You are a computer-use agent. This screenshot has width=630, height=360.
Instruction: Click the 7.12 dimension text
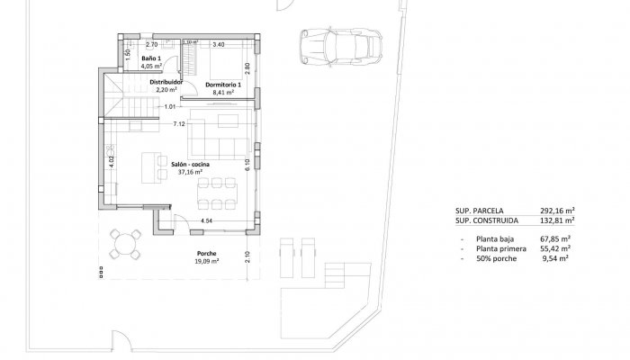[178, 123]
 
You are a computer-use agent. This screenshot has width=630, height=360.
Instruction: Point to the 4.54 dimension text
[206, 220]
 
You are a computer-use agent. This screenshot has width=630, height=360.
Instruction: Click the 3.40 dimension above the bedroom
[218, 43]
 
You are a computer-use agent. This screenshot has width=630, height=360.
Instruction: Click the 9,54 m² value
[560, 258]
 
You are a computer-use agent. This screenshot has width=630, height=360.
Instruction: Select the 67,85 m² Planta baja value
[559, 238]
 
